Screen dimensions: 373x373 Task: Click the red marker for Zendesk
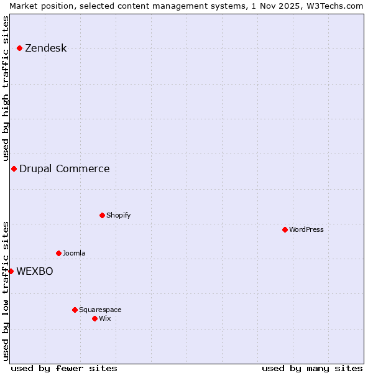click(x=19, y=48)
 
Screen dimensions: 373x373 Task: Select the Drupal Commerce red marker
click(x=14, y=168)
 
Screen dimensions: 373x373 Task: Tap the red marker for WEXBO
click(x=11, y=271)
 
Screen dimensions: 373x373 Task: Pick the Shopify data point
click(x=102, y=215)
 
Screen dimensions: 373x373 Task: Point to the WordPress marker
click(x=285, y=229)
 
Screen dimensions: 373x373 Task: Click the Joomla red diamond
click(x=58, y=253)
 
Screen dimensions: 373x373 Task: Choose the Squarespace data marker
click(x=75, y=310)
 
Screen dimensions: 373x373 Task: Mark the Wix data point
click(x=94, y=318)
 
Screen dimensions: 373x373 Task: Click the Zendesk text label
click(x=45, y=48)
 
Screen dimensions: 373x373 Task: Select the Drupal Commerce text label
click(x=64, y=168)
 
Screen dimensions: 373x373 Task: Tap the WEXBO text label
click(x=34, y=271)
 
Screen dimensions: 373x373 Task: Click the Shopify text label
click(x=118, y=215)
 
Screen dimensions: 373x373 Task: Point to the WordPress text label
click(x=306, y=229)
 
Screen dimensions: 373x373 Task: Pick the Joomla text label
click(x=74, y=253)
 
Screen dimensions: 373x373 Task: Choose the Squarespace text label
click(x=100, y=310)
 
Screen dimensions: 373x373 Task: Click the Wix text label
click(x=104, y=318)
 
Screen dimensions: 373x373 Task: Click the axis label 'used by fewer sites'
click(x=64, y=368)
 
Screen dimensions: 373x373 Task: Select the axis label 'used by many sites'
click(x=312, y=368)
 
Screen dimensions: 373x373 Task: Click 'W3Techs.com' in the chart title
click(x=332, y=6)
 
